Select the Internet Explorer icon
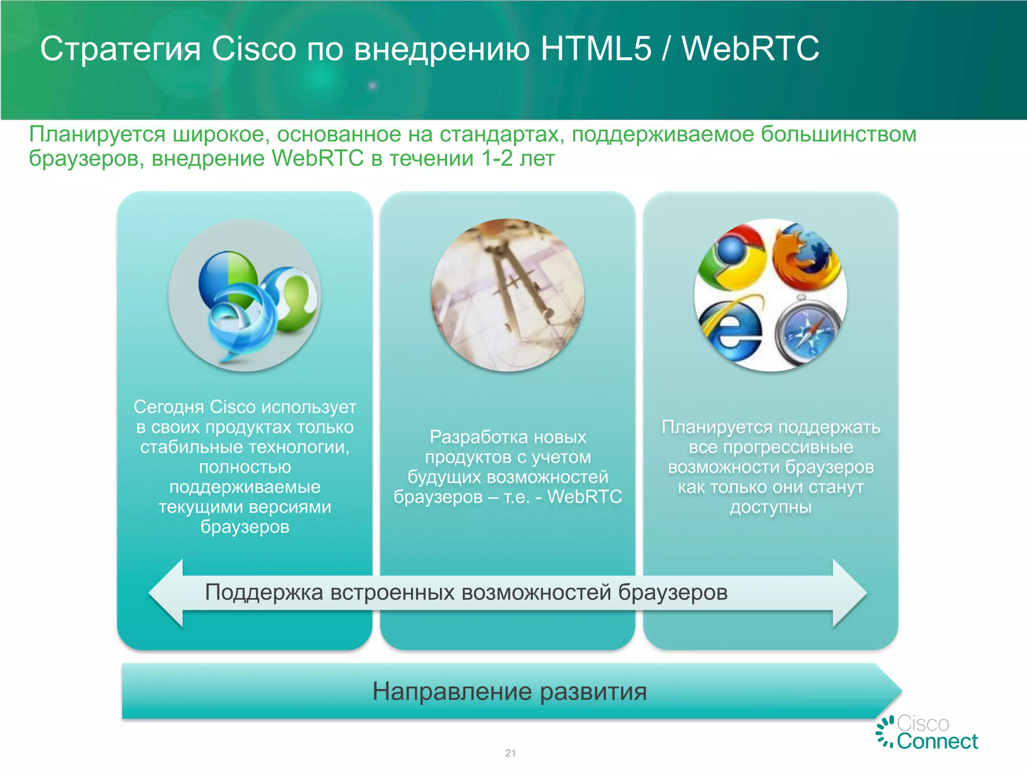731,328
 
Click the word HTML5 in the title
596,49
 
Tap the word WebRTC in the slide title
751,49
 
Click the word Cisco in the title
254,49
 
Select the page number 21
510,753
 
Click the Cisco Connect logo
928,732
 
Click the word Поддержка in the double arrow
264,593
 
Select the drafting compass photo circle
507,295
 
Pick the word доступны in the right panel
771,507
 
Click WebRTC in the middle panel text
585,497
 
